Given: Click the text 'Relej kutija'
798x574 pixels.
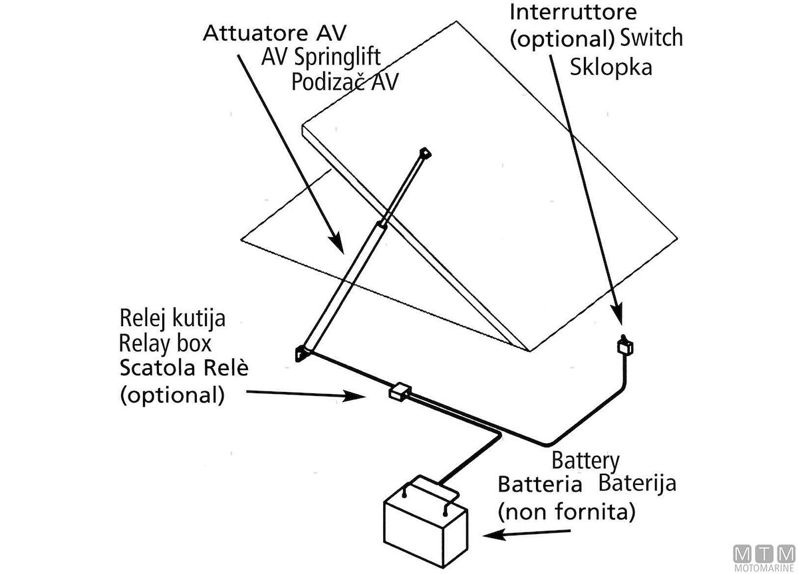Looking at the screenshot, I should [172, 318].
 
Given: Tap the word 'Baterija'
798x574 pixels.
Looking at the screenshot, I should [638, 482].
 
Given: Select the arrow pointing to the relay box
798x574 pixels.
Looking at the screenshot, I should [306, 395].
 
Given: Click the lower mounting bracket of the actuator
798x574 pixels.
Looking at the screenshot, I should [303, 353].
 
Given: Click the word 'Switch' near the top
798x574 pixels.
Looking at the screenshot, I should [651, 38].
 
